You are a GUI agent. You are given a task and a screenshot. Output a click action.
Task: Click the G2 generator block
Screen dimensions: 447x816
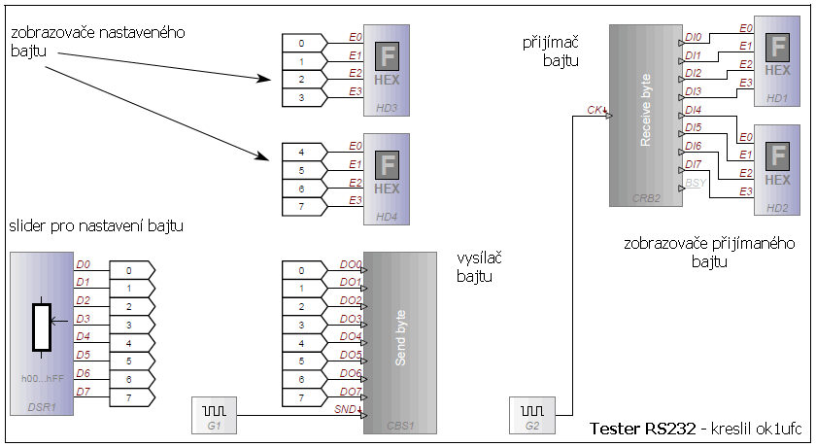tap(531, 414)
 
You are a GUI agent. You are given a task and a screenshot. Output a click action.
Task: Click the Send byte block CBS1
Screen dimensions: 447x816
tap(400, 341)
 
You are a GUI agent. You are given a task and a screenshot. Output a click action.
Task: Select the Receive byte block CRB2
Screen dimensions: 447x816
tap(646, 116)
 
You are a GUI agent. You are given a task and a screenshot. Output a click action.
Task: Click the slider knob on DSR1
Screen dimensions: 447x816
tap(41, 327)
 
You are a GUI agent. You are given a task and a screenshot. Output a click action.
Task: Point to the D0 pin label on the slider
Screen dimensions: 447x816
tap(84, 264)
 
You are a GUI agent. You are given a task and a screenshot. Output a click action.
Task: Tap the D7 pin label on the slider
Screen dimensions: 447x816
tap(84, 392)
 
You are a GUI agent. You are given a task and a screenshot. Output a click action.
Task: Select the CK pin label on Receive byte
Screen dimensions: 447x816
tap(595, 110)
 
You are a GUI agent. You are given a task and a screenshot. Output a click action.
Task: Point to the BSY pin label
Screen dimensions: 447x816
tap(695, 183)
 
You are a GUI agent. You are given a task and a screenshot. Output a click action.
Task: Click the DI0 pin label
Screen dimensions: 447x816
tap(694, 38)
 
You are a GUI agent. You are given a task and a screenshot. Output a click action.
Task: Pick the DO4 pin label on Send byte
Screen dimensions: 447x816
tap(351, 336)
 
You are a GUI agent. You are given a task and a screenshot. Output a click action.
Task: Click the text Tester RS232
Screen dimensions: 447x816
tap(635, 429)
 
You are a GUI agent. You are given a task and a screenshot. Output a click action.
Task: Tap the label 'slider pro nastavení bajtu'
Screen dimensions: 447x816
tap(96, 226)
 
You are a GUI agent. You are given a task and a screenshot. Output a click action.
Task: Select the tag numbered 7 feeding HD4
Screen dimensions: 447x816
tap(301, 205)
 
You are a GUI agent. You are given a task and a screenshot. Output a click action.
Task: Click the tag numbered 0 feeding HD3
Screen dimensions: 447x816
tap(301, 43)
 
